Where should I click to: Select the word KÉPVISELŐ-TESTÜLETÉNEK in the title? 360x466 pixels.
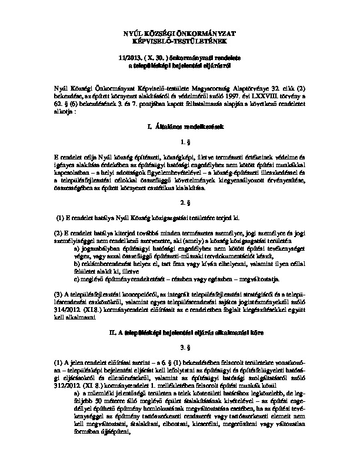[180, 43]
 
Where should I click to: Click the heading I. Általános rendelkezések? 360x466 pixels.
[180, 127]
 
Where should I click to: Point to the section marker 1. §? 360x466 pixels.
[180, 142]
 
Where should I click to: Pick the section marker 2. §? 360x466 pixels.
[180, 202]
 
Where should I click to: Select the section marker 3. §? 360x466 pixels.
[180, 348]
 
